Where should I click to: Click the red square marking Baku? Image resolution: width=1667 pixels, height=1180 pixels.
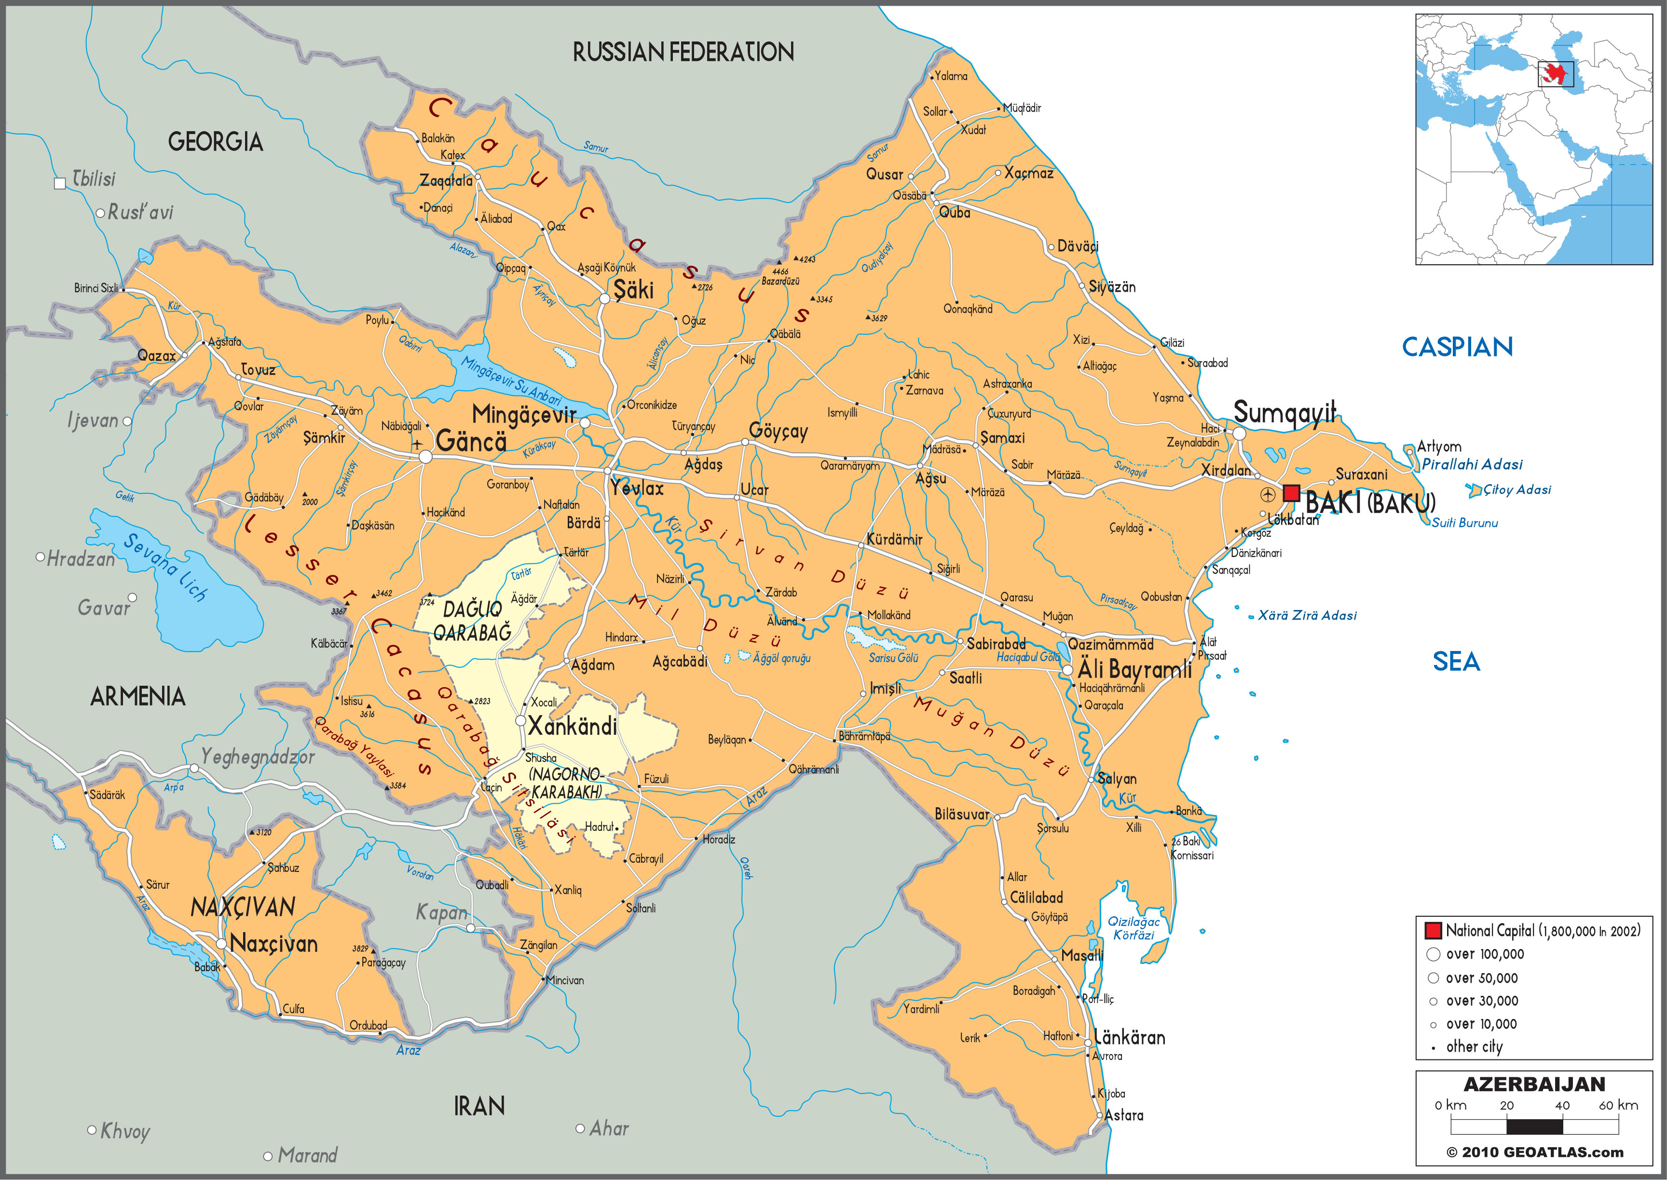(x=1291, y=493)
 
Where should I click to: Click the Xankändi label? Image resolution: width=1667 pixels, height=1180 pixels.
(x=572, y=726)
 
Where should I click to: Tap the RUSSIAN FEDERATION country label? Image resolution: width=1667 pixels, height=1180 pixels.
(x=683, y=52)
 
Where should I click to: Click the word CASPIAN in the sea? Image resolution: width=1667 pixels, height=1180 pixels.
(x=1457, y=347)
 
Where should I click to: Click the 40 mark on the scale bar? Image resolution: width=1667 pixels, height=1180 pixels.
(x=1562, y=1106)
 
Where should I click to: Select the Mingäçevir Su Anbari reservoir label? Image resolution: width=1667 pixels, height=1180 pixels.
(x=512, y=382)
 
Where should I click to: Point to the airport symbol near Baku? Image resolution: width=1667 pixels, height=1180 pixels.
(x=1267, y=495)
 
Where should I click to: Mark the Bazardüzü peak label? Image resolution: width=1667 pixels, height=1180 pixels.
(x=780, y=281)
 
